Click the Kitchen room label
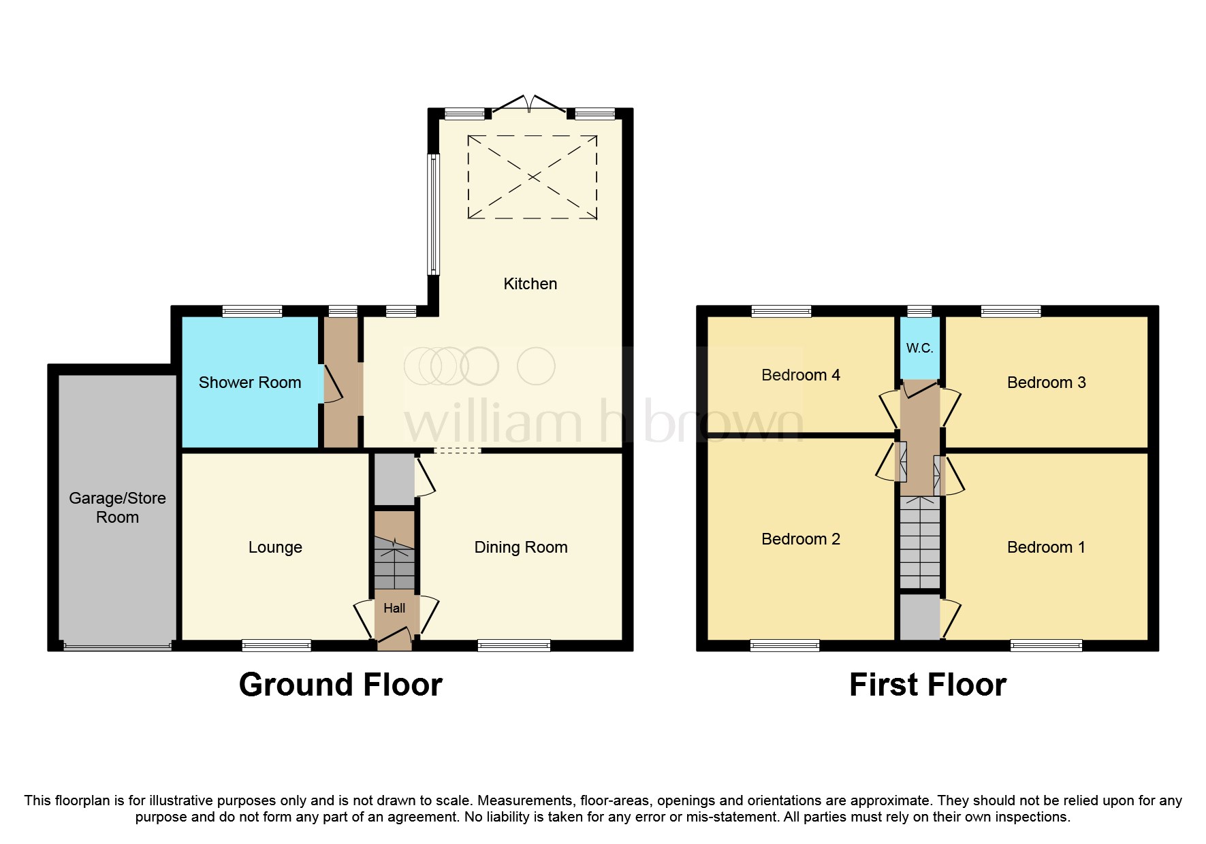530,284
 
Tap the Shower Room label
249,383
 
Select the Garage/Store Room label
117,507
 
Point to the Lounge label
275,547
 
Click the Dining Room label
520,547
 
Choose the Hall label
394,608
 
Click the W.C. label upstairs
919,348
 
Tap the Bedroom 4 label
800,375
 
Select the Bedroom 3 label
1046,383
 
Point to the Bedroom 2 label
800,539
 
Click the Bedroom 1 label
1046,547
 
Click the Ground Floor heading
340,685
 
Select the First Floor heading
927,685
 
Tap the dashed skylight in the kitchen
532,177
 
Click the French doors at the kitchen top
529,105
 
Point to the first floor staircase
920,542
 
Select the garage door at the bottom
117,646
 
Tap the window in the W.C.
919,311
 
